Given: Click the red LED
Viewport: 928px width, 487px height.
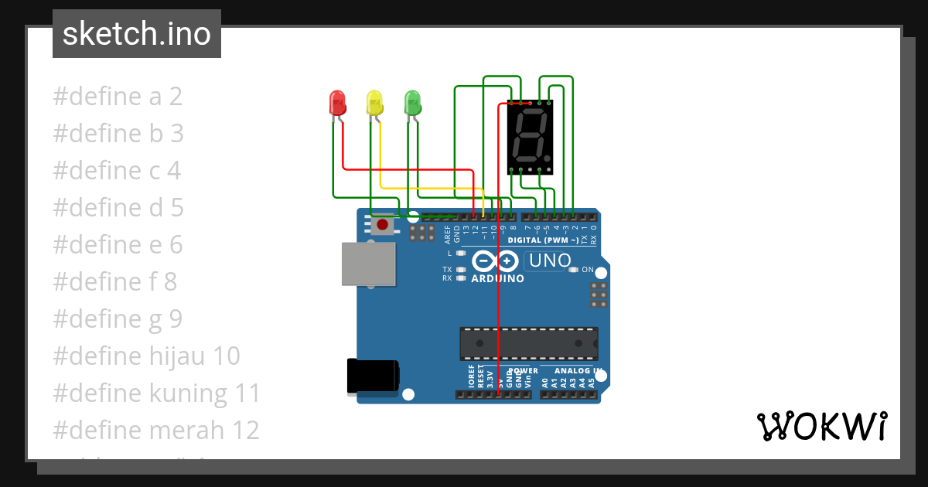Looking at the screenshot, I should click(337, 104).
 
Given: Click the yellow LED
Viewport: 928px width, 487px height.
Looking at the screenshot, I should click(374, 104).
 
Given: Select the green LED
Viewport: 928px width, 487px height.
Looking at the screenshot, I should click(412, 104).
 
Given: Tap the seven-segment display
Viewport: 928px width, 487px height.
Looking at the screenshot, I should click(531, 138).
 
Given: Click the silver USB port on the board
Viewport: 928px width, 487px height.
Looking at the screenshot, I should click(368, 263).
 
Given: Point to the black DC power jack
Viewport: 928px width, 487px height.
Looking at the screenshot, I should click(373, 376).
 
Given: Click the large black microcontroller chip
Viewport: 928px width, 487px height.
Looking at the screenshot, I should click(529, 343).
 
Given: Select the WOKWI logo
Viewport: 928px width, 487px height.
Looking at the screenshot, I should click(821, 427).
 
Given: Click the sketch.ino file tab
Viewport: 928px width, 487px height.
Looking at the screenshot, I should click(137, 34).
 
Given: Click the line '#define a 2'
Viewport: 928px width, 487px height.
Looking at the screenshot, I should click(118, 97).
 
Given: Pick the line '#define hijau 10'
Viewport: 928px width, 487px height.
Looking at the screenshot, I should click(146, 356).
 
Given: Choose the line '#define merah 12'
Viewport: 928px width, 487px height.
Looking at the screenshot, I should click(155, 430).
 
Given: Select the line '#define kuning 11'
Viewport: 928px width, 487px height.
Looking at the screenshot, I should click(156, 393).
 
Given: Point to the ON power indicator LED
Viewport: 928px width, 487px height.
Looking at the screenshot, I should click(573, 270).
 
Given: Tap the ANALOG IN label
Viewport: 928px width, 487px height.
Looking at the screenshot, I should click(574, 371).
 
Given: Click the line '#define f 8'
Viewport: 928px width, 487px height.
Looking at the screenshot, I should click(114, 282).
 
